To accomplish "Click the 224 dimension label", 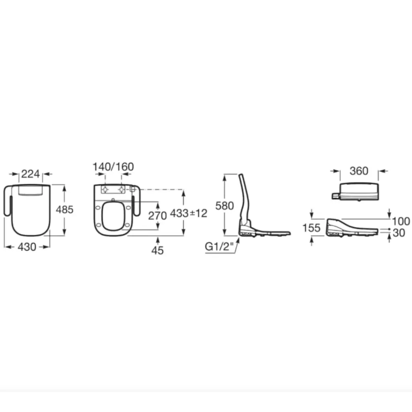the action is [31, 174].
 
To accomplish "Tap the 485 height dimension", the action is [65, 209].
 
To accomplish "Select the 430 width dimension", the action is [27, 247].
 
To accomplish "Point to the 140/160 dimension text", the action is [113, 167].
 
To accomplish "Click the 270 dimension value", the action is [157, 216].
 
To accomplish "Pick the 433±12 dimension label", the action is [189, 213].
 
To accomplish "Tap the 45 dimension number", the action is [157, 250].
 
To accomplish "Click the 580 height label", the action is [225, 206].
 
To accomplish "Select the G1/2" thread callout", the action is [219, 247].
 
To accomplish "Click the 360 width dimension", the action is [359, 171].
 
